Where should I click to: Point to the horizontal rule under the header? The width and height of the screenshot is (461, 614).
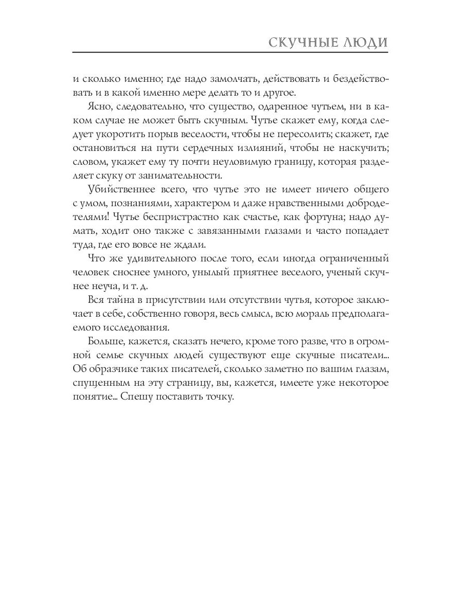pyautogui.click(x=230, y=53)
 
